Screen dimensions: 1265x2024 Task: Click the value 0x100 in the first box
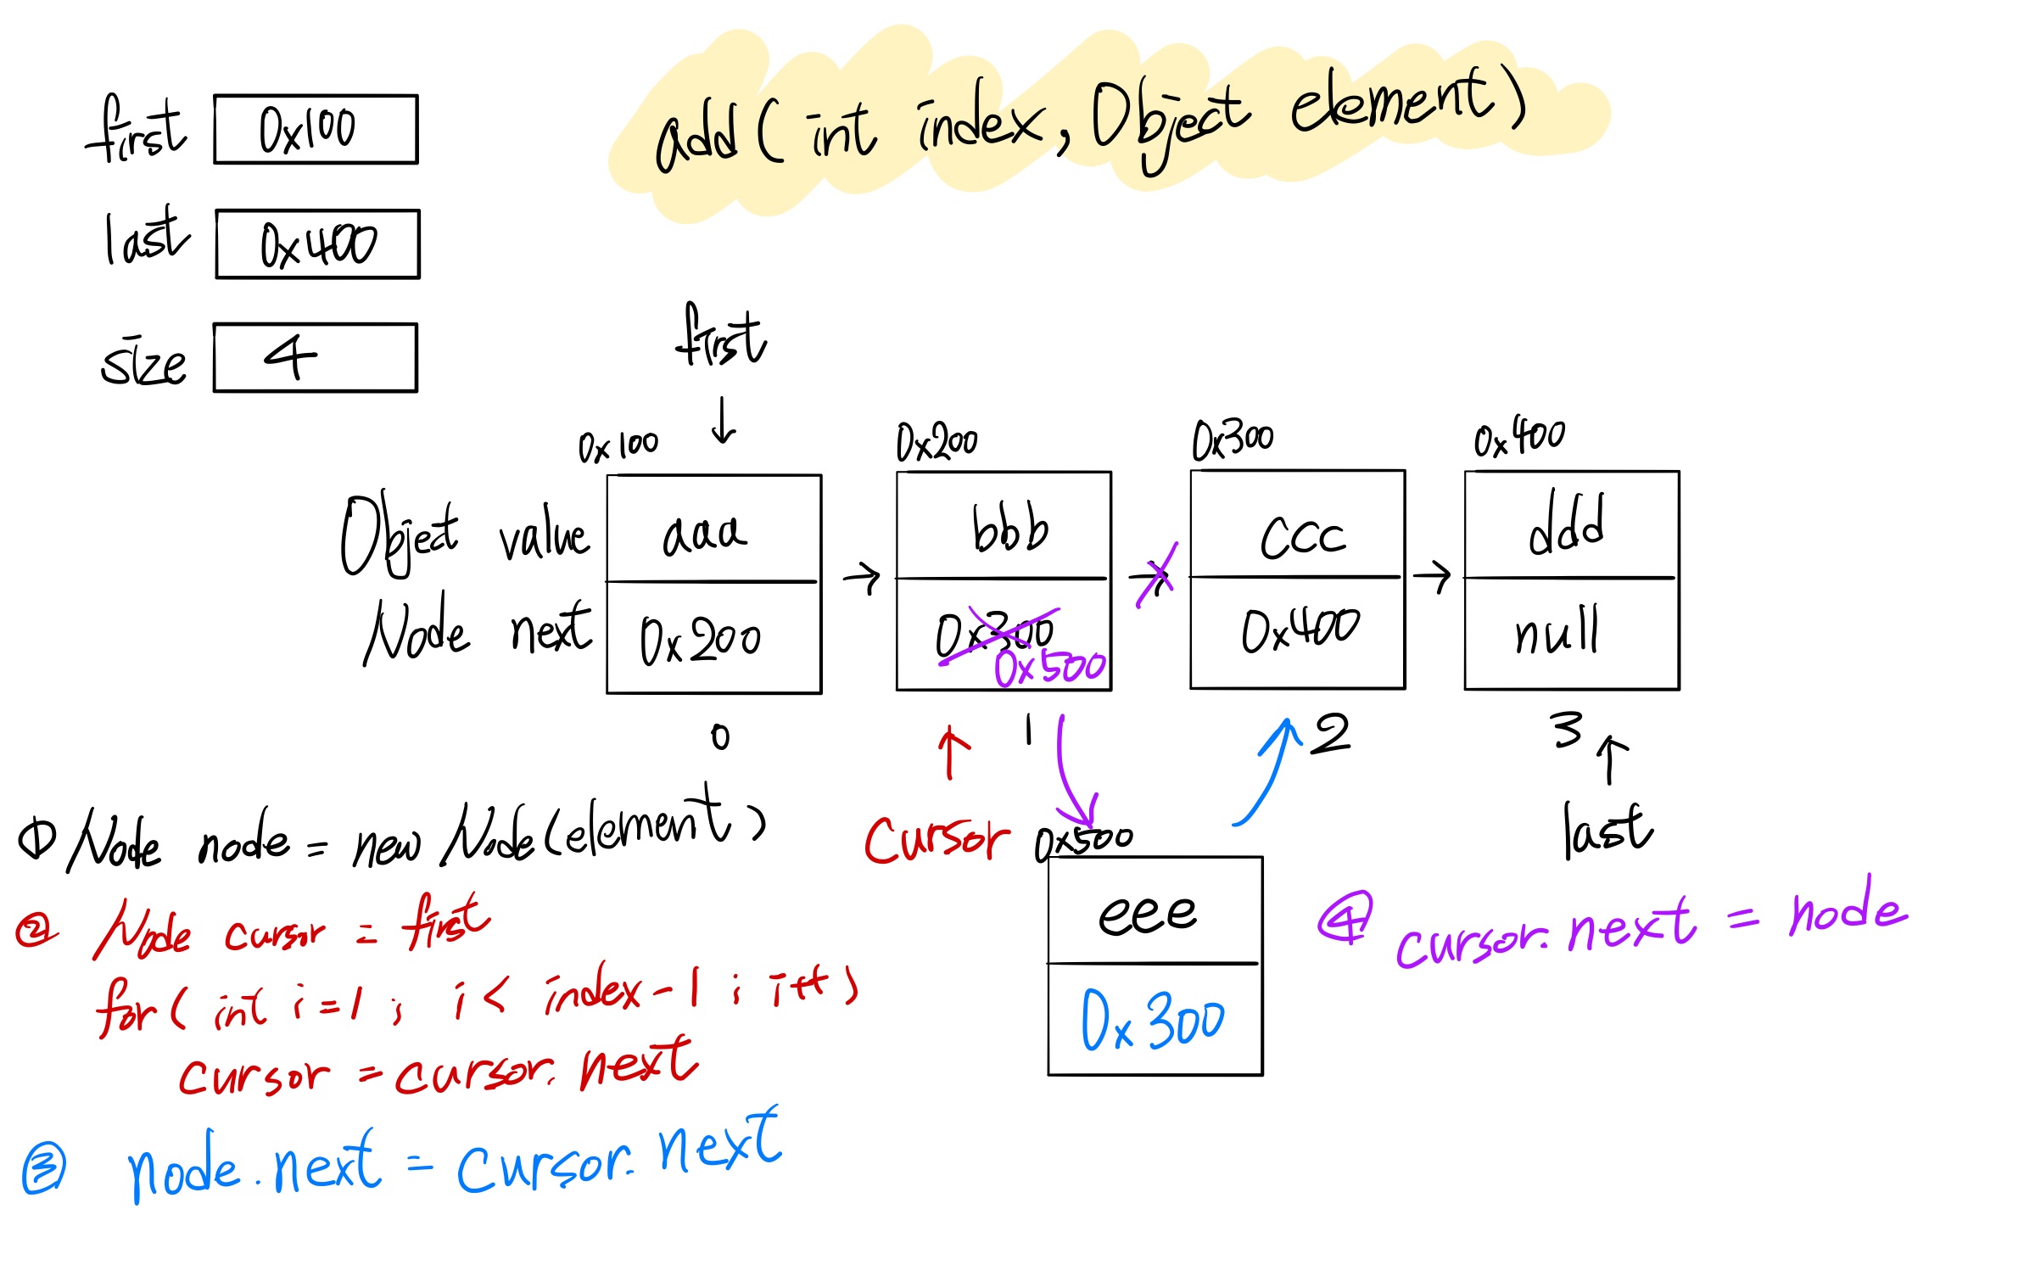[307, 130]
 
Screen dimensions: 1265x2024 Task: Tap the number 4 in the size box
[290, 356]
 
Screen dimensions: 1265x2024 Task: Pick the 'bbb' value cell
[1009, 529]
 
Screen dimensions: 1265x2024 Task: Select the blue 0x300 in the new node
[1152, 1020]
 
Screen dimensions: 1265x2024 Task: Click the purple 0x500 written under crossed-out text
[1050, 667]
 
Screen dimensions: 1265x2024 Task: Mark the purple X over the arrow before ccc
[1156, 575]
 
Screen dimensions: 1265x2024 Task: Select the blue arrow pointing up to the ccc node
[1268, 772]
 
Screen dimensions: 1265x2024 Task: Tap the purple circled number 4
[1345, 918]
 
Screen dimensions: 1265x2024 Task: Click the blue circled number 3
[43, 1169]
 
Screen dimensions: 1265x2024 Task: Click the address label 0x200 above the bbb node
[937, 441]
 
